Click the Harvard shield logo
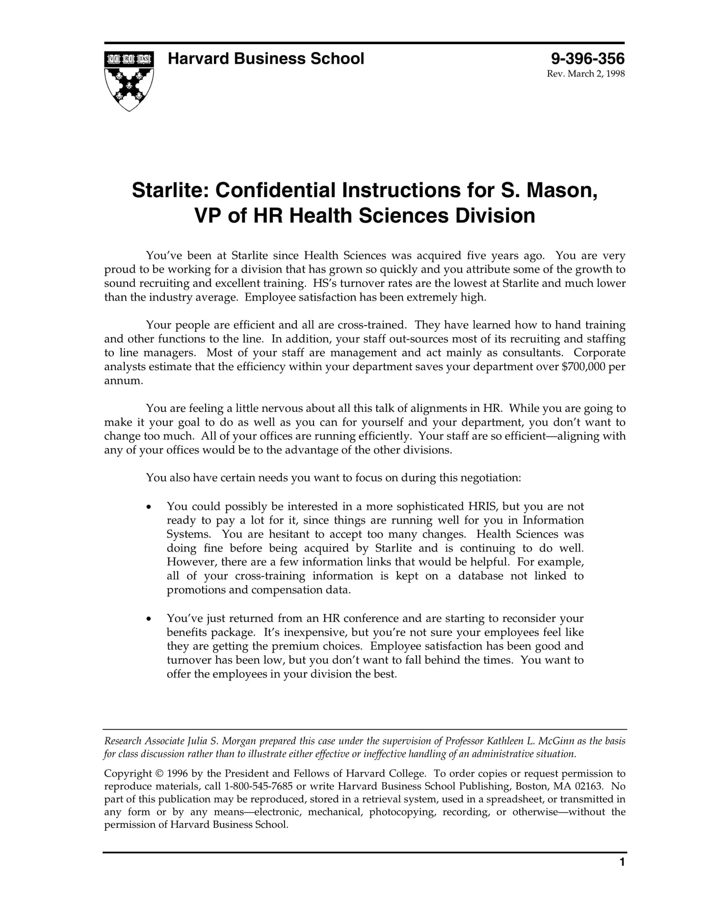[129, 80]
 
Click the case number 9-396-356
[587, 59]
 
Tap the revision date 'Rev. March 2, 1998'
[586, 74]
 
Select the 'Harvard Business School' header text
[266, 59]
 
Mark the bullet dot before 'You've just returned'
[149, 619]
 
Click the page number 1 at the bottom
[622, 876]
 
